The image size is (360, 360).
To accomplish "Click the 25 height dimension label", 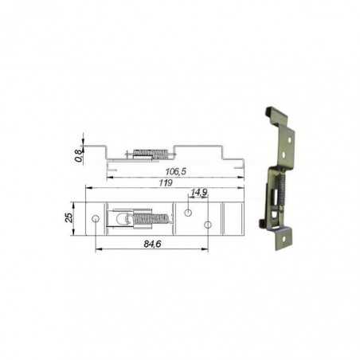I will click(x=69, y=217).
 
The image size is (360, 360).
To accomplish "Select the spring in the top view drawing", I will click(x=150, y=217).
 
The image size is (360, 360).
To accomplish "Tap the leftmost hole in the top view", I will click(x=96, y=218).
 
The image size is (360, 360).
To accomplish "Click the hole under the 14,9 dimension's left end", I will click(x=187, y=212).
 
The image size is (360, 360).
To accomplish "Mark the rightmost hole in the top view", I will click(x=208, y=225).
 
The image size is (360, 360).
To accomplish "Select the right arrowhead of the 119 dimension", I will click(x=242, y=187).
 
